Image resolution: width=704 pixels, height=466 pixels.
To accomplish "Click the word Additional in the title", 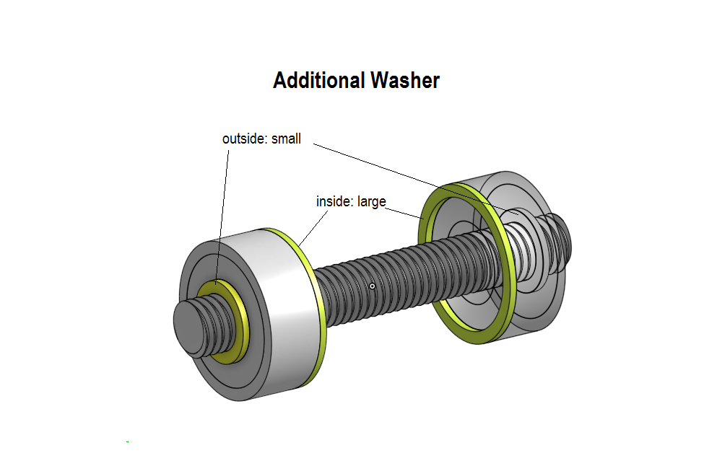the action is (x=318, y=81).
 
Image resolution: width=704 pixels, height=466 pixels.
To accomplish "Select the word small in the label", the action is (x=286, y=139).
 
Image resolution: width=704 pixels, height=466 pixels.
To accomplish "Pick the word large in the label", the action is (x=372, y=202).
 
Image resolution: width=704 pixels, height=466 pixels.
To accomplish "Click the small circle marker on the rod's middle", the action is (x=372, y=286).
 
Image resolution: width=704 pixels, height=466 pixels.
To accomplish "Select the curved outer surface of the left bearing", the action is (x=287, y=309).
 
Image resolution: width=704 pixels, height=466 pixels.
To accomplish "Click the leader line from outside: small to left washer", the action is (x=222, y=217).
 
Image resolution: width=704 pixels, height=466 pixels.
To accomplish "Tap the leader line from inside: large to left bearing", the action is (x=313, y=228).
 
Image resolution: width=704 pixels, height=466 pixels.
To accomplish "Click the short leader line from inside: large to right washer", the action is (x=404, y=214).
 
